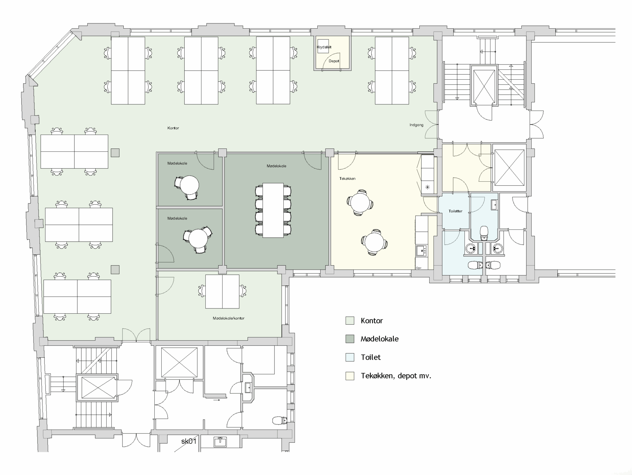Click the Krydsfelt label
(x=324, y=47)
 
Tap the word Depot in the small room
(x=334, y=61)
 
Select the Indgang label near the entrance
(x=416, y=125)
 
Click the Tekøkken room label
(x=347, y=178)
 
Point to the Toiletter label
(x=456, y=211)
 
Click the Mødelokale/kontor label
(x=228, y=318)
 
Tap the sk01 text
(x=189, y=441)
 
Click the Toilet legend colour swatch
(x=350, y=357)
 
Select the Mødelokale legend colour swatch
(x=350, y=339)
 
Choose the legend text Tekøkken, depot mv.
(x=396, y=376)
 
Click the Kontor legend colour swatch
(x=350, y=321)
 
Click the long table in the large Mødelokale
(x=273, y=210)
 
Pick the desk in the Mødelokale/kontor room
(x=222, y=292)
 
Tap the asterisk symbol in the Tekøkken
(x=427, y=187)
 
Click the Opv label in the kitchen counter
(x=419, y=268)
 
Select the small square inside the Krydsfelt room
(x=323, y=46)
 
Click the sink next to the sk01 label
(x=220, y=442)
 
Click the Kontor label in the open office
(x=173, y=128)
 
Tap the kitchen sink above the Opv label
(x=421, y=251)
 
